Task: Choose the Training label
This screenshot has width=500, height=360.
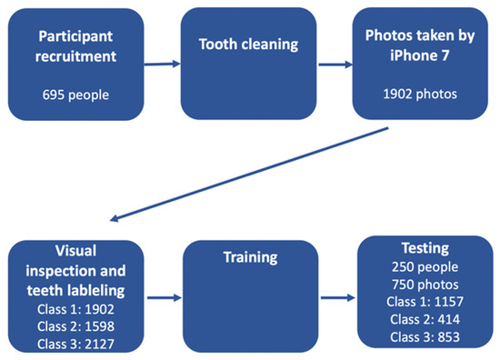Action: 247,257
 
